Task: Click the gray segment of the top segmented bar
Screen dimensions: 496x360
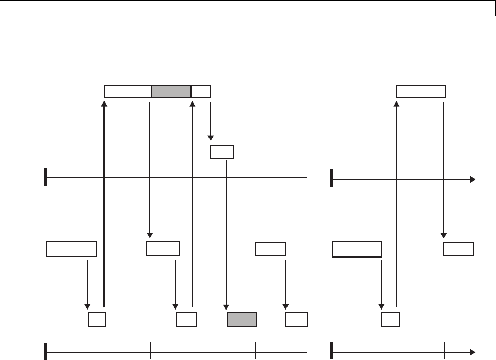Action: (171, 91)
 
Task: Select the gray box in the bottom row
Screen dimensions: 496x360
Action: (242, 320)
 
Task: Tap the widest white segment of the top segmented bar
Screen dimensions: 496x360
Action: (128, 91)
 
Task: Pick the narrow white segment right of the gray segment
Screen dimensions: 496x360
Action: (201, 91)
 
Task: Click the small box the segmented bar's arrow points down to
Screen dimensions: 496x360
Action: (222, 151)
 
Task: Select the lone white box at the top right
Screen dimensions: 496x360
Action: (421, 91)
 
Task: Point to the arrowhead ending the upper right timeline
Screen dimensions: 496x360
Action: (473, 179)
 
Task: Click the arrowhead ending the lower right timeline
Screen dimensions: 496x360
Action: (473, 352)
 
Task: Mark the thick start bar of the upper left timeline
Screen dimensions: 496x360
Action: (46, 177)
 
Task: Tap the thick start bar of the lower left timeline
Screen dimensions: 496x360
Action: (46, 351)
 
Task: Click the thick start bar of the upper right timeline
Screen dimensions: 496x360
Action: (332, 178)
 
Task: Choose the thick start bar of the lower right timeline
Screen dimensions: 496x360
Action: (332, 351)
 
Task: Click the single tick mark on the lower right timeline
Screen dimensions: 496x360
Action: (445, 351)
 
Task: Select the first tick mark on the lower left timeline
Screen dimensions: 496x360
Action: (151, 351)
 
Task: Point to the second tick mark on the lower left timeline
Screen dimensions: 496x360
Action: (255, 351)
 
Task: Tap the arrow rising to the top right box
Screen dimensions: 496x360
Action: (396, 204)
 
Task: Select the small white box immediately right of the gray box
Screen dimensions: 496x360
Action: (297, 320)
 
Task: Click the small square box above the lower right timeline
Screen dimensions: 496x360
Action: (390, 320)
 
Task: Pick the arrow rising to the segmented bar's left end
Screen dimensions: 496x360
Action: (104, 204)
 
